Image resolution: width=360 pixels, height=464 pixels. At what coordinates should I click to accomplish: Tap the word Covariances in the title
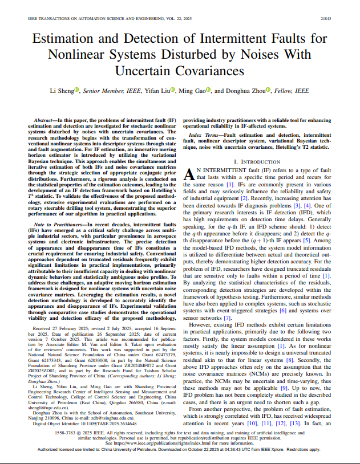pos(180,71)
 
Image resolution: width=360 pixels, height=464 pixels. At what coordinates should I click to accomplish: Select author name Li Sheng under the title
pos(61,91)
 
